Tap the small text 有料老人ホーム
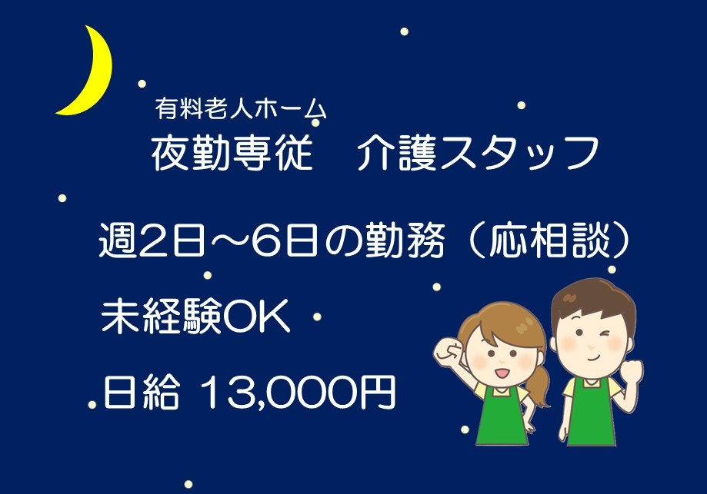point(240,110)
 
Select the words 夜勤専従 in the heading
point(232,153)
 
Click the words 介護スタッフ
point(478,153)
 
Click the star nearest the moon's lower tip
point(142,82)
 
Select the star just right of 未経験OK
point(317,316)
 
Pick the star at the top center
point(404,31)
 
